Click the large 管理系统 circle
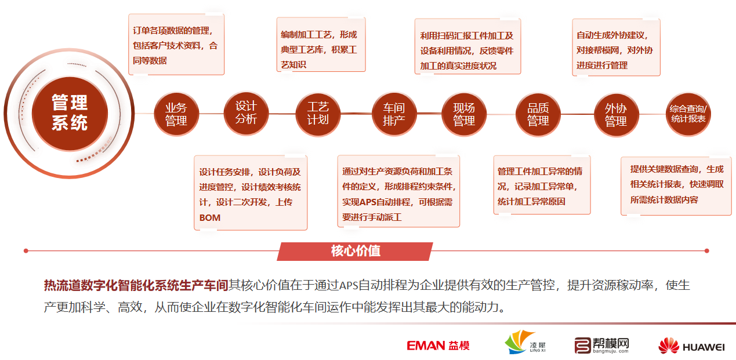(x=70, y=114)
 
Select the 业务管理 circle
(x=176, y=114)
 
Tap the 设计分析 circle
(x=246, y=113)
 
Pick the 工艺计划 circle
(x=318, y=114)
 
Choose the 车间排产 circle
(x=394, y=114)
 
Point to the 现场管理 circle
(x=464, y=114)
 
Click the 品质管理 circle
(x=538, y=114)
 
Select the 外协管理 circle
(x=617, y=114)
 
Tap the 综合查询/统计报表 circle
(x=688, y=114)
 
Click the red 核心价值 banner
(x=355, y=251)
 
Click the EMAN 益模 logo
(x=438, y=346)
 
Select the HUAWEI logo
(x=691, y=346)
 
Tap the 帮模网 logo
(x=601, y=346)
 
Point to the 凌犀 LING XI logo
(x=525, y=343)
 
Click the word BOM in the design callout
(x=210, y=218)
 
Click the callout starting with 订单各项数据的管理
(x=176, y=44)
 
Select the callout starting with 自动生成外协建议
(x=616, y=48)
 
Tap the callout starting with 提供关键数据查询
(x=676, y=186)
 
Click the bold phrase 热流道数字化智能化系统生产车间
(x=136, y=285)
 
